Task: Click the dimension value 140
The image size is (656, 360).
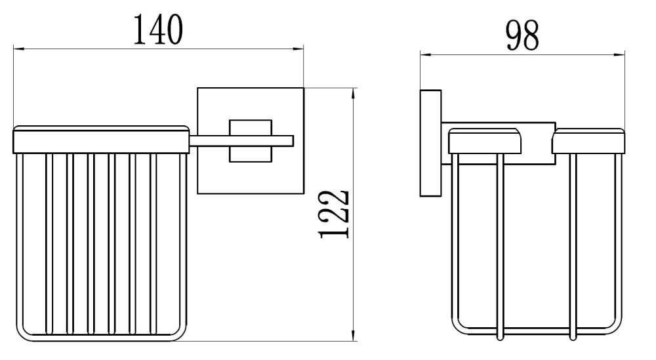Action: pos(157,29)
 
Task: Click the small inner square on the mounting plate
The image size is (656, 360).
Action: pos(249,140)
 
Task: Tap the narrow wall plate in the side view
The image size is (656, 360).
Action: pos(430,142)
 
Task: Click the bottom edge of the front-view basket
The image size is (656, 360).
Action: pos(101,340)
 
